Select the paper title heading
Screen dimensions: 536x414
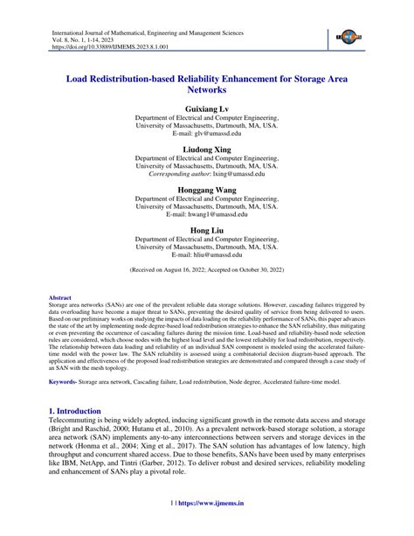[206, 82]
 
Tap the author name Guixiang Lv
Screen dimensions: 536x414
[207, 111]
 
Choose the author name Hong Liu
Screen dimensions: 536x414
[207, 232]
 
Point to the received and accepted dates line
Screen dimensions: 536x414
[207, 272]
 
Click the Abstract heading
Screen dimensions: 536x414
[60, 297]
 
